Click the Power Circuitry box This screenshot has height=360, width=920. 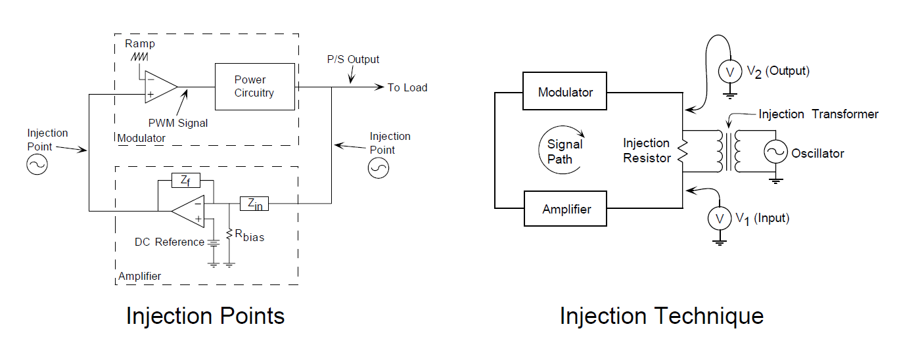[x=254, y=86]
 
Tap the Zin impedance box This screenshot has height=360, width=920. [x=254, y=204]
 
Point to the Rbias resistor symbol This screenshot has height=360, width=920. [x=229, y=235]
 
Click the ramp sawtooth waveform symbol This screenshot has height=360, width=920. [x=139, y=57]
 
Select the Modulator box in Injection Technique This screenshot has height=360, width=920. [x=565, y=92]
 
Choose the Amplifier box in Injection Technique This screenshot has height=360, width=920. [x=566, y=210]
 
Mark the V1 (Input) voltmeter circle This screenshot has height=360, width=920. [x=720, y=219]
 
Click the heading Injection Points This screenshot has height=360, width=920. [x=205, y=316]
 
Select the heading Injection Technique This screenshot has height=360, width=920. [x=661, y=316]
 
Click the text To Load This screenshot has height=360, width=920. [x=407, y=88]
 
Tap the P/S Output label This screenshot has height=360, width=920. [x=354, y=60]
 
